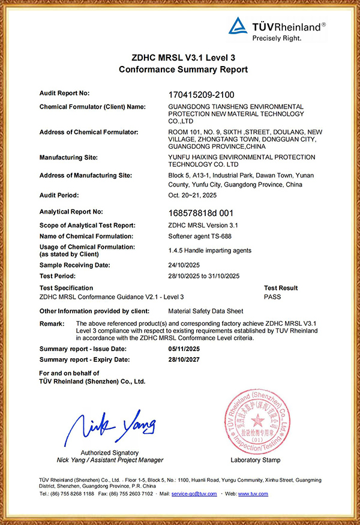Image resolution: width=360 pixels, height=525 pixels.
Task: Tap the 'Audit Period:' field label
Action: [x=59, y=196]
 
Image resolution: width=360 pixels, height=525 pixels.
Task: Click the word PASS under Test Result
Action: [x=272, y=296]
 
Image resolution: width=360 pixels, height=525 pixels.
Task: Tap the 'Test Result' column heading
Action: [x=281, y=288]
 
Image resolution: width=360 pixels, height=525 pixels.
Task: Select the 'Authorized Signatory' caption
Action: [x=110, y=452]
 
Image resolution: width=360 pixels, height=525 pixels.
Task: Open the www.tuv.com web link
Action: [x=253, y=494]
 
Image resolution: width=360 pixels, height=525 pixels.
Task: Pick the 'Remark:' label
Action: [x=52, y=323]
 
